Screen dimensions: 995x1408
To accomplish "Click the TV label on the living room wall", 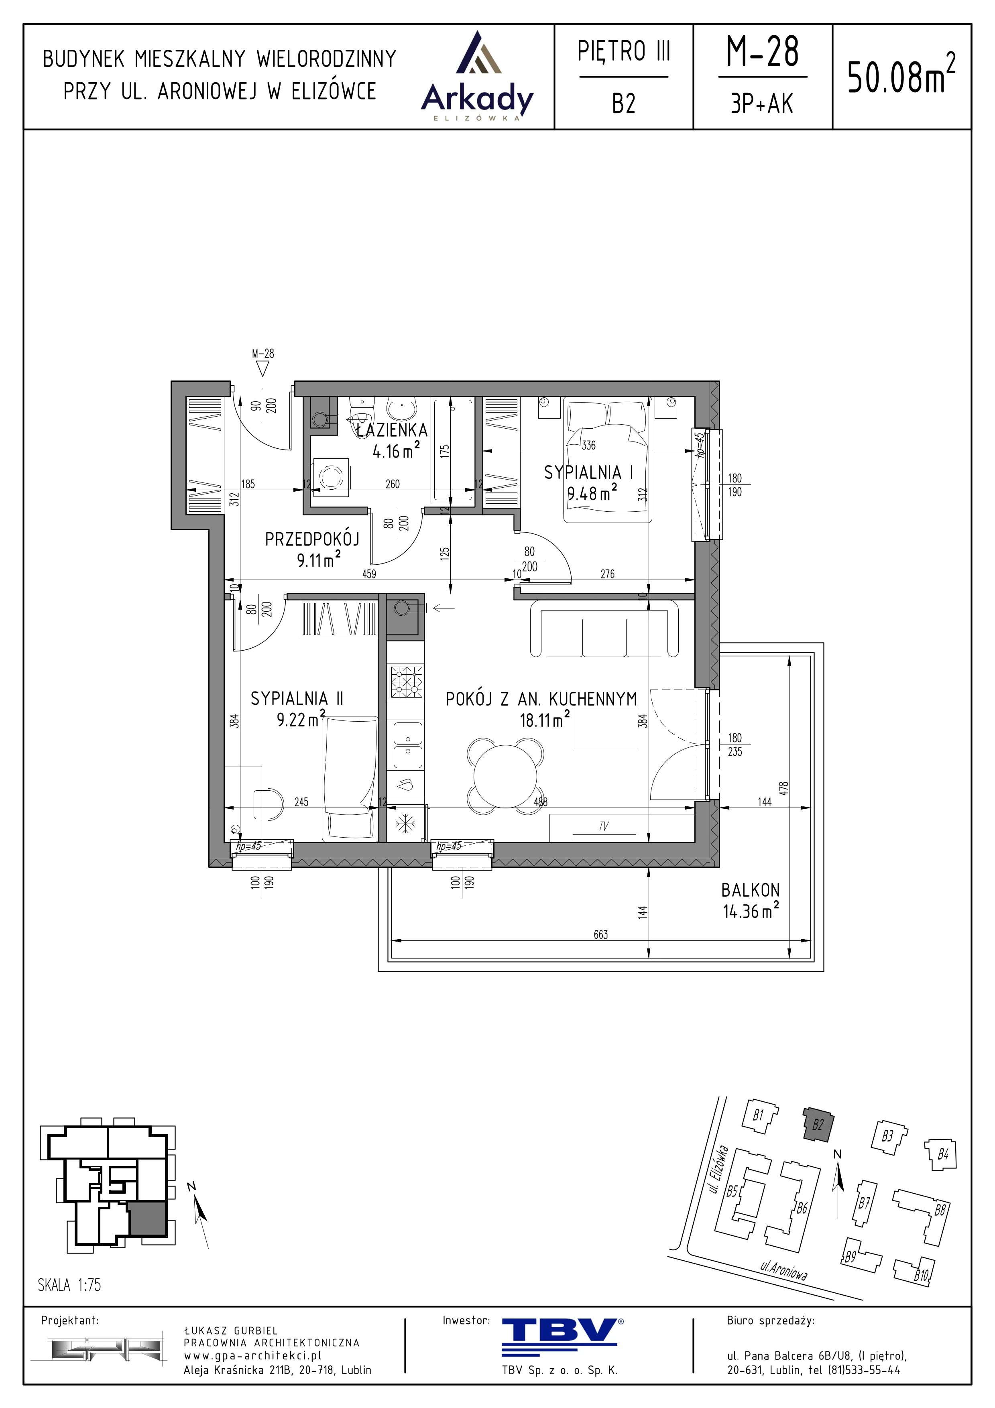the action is [603, 827].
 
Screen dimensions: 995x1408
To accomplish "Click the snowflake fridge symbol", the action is [405, 824].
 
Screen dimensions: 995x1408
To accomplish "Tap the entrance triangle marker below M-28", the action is [263, 368].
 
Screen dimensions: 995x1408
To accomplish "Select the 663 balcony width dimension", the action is [601, 934].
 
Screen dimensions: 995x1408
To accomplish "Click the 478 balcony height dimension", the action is [784, 789].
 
